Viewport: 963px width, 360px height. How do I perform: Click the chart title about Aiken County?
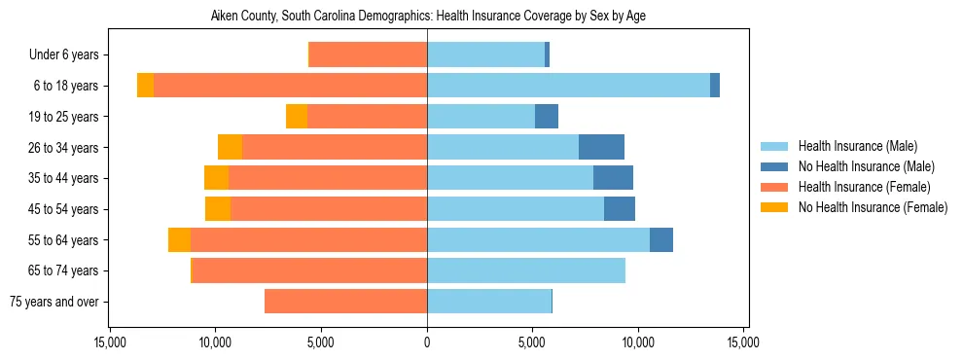coord(428,17)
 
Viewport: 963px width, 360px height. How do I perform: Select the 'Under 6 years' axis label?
coord(69,54)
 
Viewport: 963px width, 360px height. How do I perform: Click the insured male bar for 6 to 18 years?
coord(568,86)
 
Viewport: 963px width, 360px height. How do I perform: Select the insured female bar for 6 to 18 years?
coord(290,86)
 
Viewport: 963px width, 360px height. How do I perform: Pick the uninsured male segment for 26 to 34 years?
coord(601,147)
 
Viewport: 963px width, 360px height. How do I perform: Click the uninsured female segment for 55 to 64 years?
coord(179,239)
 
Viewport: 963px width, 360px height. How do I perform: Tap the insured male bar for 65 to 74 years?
coord(525,270)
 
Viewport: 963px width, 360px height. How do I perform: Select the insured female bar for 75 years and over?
coord(345,302)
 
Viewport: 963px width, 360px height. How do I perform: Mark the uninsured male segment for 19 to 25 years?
coord(547,117)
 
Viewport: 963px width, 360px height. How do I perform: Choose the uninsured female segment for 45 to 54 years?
coord(218,209)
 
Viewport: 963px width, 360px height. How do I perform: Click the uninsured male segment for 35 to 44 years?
coord(613,178)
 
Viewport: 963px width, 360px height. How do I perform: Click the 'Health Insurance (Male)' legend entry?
coord(857,146)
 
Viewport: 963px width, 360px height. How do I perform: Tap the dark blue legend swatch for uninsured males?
coord(774,166)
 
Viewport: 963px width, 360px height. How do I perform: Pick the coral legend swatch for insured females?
coord(774,187)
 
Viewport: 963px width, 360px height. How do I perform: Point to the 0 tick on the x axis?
coord(427,342)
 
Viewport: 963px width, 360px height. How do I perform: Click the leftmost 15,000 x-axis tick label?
coord(110,342)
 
